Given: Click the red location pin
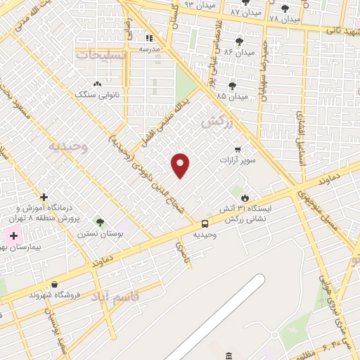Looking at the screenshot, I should [x=181, y=165].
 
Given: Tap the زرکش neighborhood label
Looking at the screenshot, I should [x=216, y=122].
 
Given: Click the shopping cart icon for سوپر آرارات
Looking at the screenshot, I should [x=238, y=150].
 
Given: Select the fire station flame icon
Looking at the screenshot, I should [x=245, y=198].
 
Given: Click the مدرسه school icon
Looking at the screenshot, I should [x=148, y=38].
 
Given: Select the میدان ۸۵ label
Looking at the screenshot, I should [x=232, y=96].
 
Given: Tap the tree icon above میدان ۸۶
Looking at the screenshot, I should [x=239, y=41].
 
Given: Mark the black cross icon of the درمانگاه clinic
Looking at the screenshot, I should [x=44, y=197].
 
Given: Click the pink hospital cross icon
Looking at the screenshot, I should [x=14, y=234].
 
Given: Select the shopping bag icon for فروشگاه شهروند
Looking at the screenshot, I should [x=54, y=285].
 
